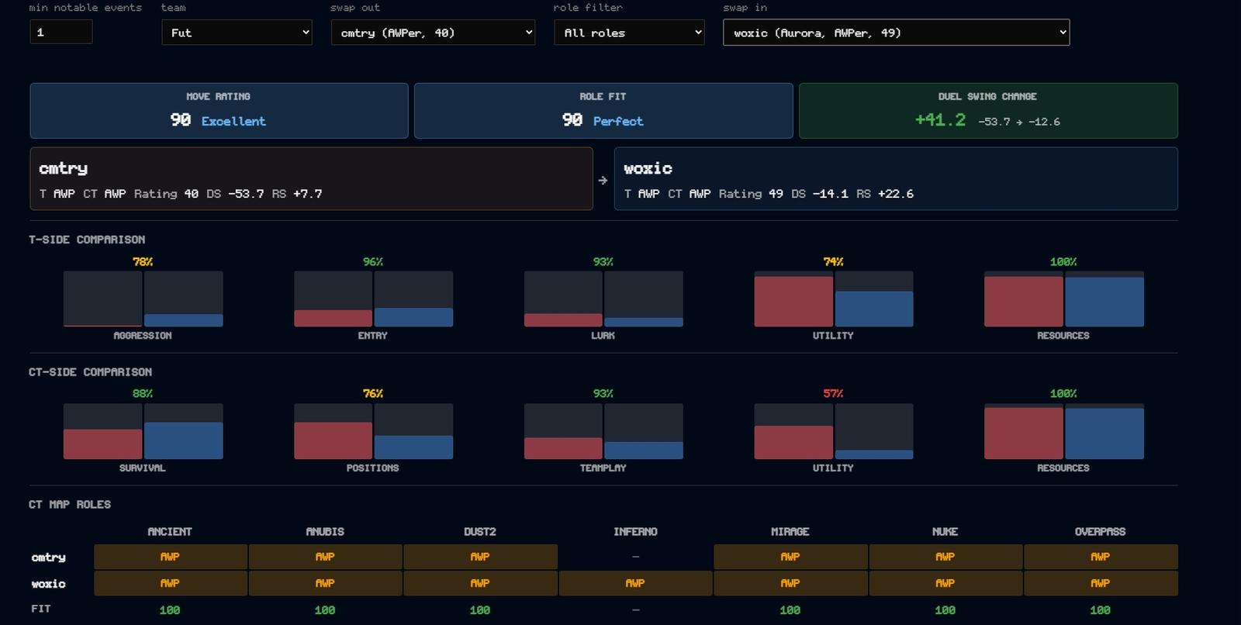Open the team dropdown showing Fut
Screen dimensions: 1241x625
[237, 33]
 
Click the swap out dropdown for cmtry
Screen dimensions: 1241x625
[433, 33]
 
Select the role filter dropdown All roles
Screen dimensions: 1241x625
[629, 33]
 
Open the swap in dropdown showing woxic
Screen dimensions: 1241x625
[896, 33]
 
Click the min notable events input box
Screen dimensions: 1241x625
[61, 32]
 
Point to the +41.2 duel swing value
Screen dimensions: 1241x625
[939, 120]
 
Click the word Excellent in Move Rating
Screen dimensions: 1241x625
[233, 121]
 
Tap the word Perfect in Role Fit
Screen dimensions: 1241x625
[617, 121]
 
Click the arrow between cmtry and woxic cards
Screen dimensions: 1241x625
[603, 180]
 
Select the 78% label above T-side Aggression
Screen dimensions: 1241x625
[143, 261]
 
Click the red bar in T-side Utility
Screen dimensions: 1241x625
[793, 302]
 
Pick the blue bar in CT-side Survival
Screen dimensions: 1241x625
[183, 440]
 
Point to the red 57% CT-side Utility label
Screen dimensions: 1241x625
[833, 393]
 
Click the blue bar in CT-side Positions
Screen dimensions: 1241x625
[413, 447]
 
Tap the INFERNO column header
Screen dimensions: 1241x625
[635, 532]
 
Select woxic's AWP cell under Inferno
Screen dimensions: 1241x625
[635, 583]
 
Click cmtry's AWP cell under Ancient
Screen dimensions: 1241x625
[170, 557]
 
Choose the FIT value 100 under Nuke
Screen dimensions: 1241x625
[945, 610]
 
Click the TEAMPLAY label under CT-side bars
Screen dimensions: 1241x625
[603, 468]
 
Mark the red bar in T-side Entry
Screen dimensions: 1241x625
[333, 318]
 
